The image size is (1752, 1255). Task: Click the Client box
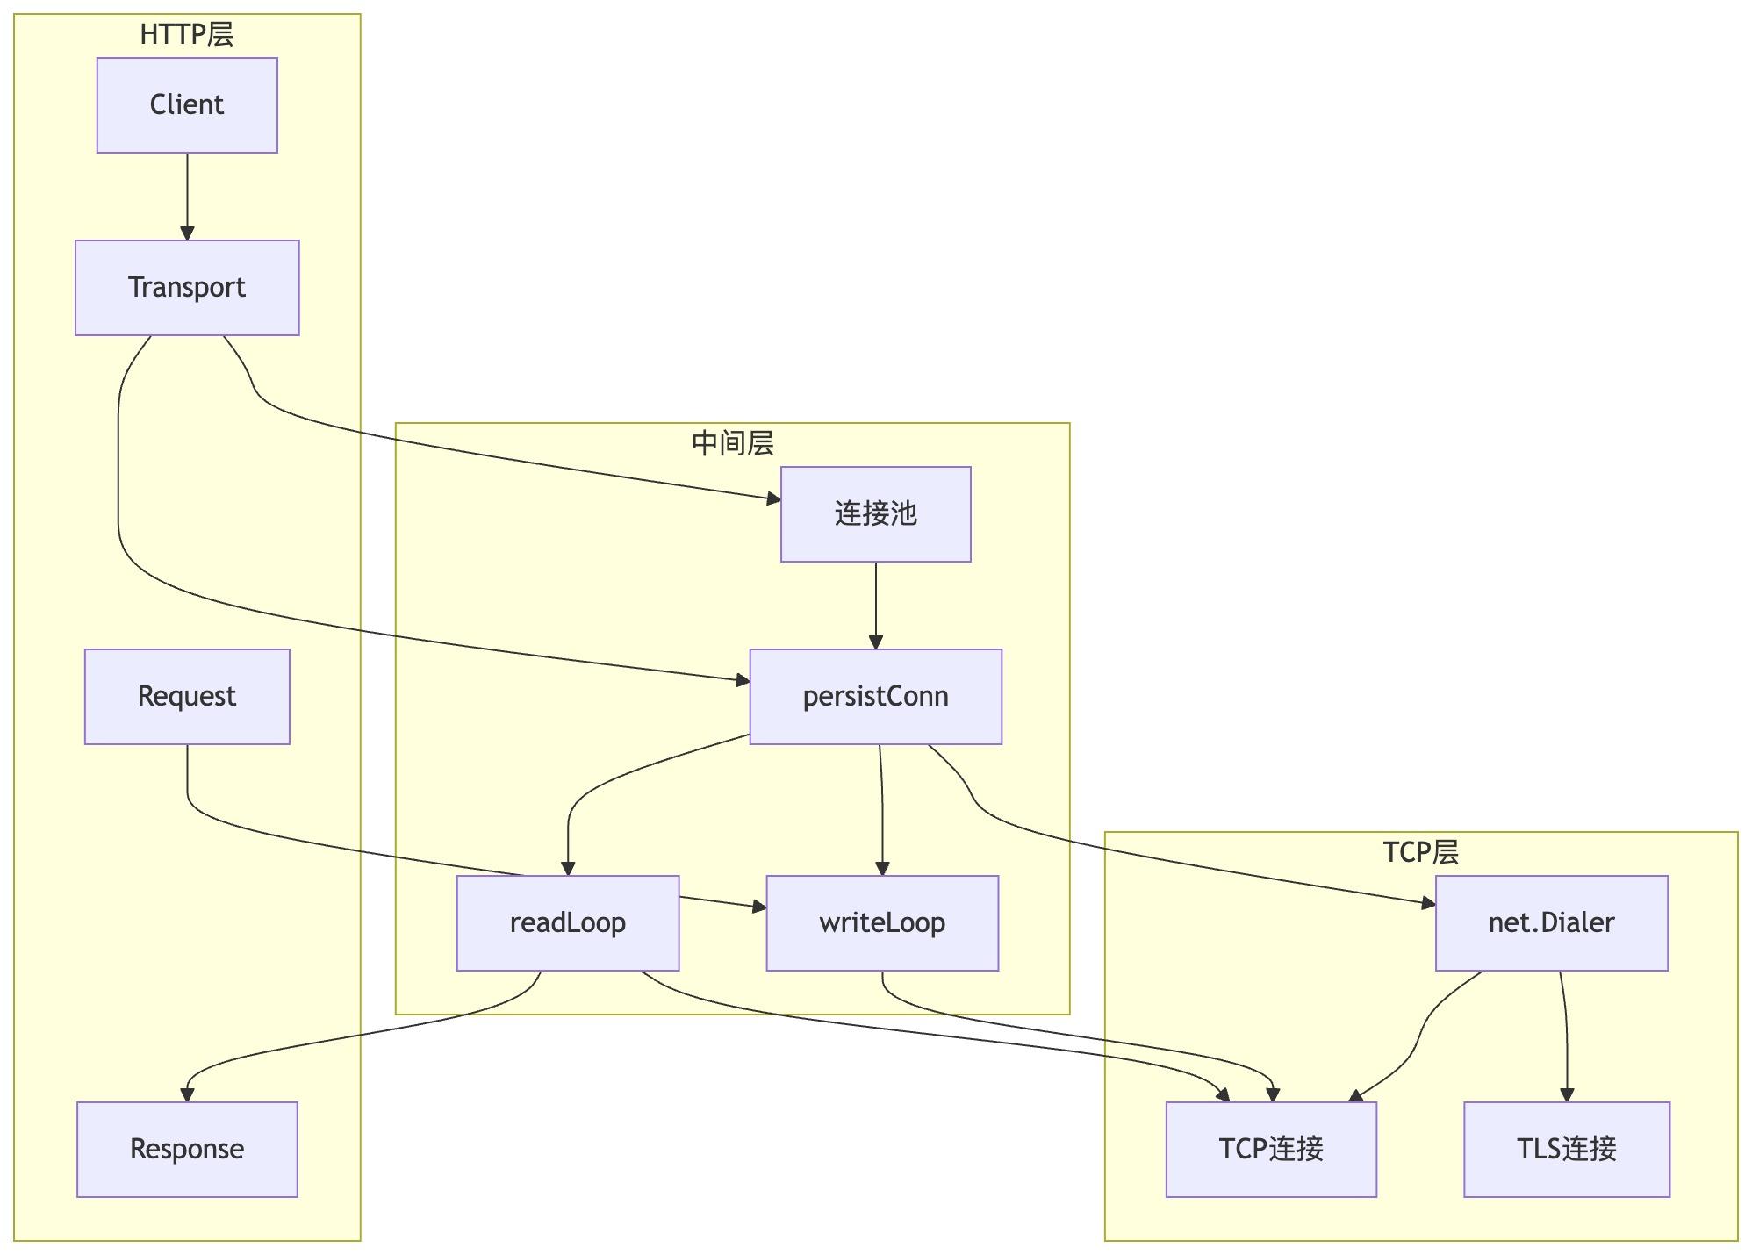click(x=187, y=105)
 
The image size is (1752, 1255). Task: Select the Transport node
click(x=187, y=288)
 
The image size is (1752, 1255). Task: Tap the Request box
click(x=187, y=697)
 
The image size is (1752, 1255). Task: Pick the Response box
click(x=187, y=1149)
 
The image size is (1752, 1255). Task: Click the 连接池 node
click(x=875, y=514)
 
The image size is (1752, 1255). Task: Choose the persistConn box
click(x=875, y=697)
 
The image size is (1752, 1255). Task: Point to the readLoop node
click(x=568, y=923)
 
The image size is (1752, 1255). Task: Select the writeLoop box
click(x=882, y=923)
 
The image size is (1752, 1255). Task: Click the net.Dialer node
click(x=1551, y=923)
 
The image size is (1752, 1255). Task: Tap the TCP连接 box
click(x=1271, y=1149)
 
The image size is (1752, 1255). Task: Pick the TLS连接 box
click(x=1566, y=1149)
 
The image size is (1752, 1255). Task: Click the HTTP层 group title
click(x=187, y=35)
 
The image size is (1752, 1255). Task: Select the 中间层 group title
click(x=732, y=444)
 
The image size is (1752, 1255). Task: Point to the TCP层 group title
click(x=1420, y=852)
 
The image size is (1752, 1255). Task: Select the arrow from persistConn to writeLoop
click(x=882, y=807)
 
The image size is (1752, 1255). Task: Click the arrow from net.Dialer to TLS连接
click(x=1566, y=1036)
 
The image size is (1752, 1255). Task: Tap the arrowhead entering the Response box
click(x=187, y=1094)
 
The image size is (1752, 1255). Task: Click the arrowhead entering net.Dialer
click(x=1428, y=902)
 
